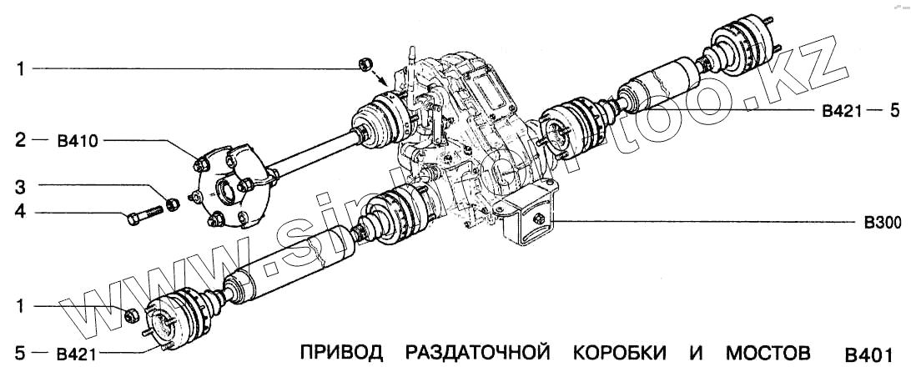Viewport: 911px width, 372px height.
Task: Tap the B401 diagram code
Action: pos(869,354)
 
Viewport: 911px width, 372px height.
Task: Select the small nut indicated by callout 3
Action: pos(171,204)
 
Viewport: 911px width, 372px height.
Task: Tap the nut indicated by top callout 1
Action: pos(364,65)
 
